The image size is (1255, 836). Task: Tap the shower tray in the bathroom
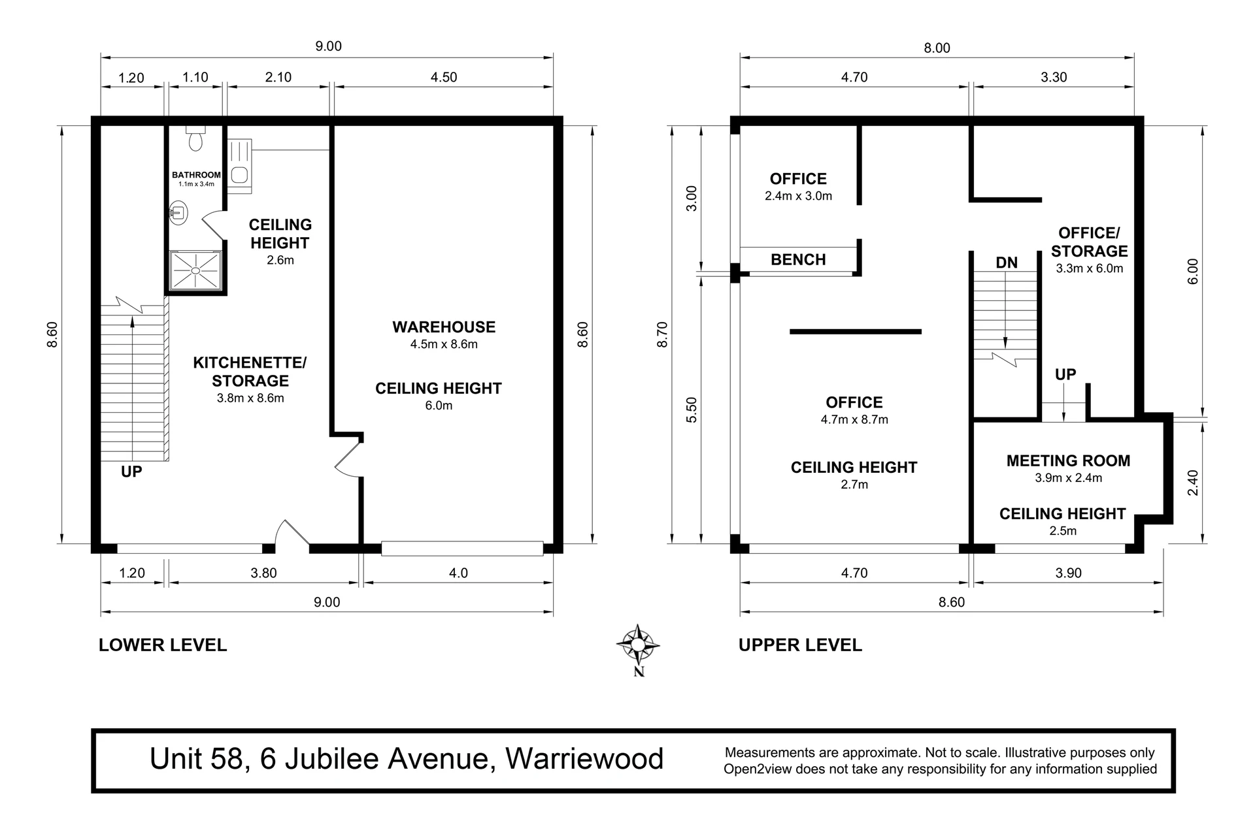point(195,270)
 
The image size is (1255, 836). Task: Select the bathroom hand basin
point(177,212)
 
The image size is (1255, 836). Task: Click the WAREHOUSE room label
point(444,327)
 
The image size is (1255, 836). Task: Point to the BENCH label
point(798,260)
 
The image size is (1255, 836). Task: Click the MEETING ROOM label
point(1068,461)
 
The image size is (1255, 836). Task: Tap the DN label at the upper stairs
point(1007,263)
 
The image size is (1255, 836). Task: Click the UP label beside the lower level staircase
point(131,472)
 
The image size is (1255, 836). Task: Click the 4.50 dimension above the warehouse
point(444,77)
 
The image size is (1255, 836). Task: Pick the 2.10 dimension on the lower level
point(278,77)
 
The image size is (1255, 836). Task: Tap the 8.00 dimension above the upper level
point(937,48)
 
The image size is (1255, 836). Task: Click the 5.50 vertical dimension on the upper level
point(692,410)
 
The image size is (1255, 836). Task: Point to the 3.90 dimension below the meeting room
point(1069,573)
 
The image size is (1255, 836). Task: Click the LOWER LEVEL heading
point(163,645)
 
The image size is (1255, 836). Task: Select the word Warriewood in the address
point(584,759)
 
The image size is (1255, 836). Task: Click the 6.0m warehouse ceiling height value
point(439,406)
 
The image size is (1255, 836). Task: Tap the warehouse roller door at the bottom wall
point(462,548)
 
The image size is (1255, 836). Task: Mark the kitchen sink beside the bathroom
point(240,166)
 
